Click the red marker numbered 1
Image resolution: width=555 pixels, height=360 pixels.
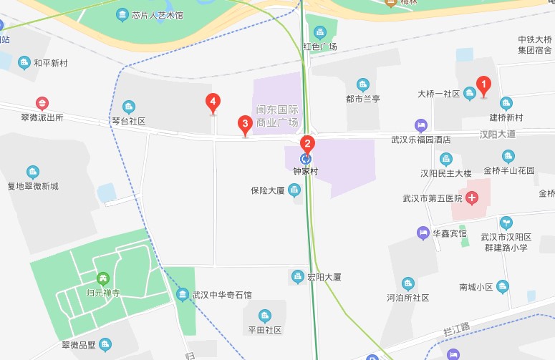(x=483, y=87)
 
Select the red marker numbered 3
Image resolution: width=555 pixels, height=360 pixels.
(x=245, y=125)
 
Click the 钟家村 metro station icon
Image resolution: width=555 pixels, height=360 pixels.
(x=306, y=159)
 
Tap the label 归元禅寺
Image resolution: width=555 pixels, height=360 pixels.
(x=102, y=292)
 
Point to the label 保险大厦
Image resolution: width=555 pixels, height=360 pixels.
(x=268, y=191)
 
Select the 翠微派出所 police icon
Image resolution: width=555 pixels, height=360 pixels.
(x=42, y=104)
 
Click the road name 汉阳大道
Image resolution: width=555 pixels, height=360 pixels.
(x=498, y=134)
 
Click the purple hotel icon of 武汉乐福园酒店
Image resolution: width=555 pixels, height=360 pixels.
(x=420, y=126)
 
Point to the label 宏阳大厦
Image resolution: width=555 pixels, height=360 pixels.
(x=324, y=277)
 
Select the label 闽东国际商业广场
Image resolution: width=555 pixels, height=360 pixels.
(x=277, y=116)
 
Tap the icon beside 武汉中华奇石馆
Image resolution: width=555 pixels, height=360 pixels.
(x=182, y=295)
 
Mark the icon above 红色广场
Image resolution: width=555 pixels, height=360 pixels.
(x=320, y=32)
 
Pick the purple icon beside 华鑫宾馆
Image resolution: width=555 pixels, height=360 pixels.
(x=423, y=233)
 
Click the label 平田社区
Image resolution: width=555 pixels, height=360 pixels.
(x=264, y=330)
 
